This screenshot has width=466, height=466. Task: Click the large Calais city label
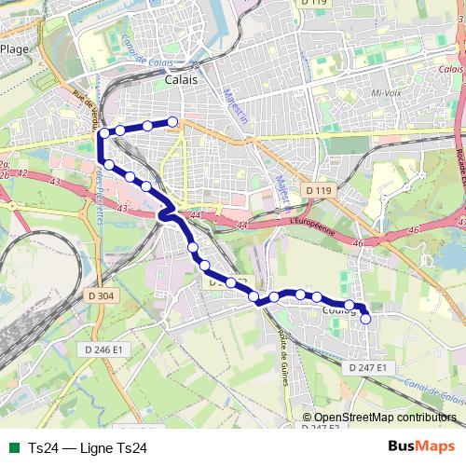(x=180, y=81)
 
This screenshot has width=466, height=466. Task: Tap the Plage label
(x=14, y=48)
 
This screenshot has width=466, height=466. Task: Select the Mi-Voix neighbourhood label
(x=385, y=93)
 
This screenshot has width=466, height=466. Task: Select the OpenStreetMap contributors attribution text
(x=385, y=418)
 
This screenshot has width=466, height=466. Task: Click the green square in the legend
(x=12, y=447)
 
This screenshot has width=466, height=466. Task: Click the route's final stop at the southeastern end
(x=365, y=319)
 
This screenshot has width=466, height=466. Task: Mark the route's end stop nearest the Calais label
(x=172, y=121)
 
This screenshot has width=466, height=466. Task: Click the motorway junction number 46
(x=358, y=243)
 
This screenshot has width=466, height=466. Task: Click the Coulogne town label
(x=338, y=311)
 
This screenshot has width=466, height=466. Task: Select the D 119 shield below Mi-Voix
(x=317, y=190)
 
